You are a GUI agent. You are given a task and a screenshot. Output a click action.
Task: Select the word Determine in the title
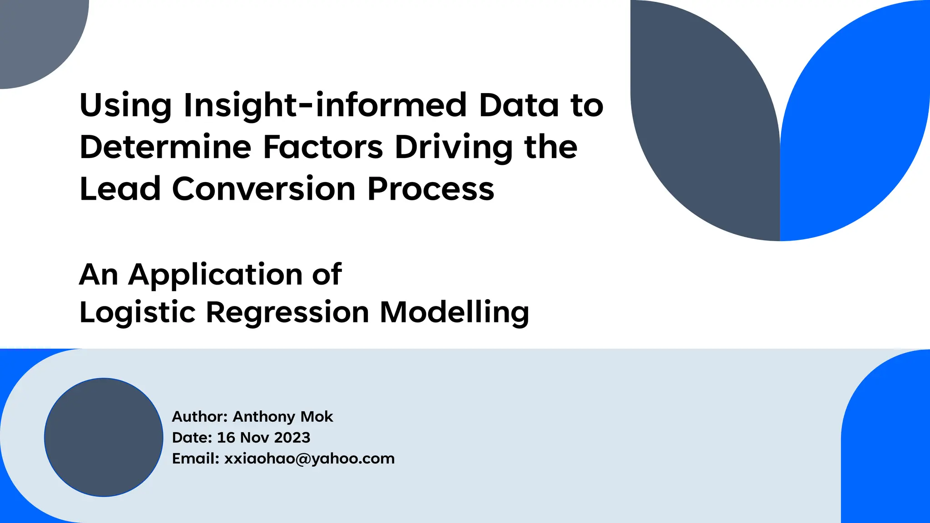[165, 147]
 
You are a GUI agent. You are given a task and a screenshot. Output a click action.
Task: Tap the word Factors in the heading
[323, 147]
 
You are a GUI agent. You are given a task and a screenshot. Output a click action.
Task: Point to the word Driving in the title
[454, 148]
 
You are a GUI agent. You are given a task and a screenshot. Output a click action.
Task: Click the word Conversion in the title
[264, 189]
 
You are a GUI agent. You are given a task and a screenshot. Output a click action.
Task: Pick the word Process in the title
[430, 189]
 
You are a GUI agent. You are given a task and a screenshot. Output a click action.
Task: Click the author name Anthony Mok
[283, 416]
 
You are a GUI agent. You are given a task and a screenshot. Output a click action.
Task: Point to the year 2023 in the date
[292, 437]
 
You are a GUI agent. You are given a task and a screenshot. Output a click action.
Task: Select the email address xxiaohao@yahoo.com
[309, 459]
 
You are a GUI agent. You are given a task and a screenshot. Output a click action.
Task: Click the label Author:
[199, 416]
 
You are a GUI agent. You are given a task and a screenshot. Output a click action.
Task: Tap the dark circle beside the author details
[104, 437]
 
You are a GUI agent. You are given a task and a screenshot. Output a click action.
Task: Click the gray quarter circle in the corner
[36, 36]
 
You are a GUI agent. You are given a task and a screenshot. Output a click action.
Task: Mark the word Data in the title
[519, 105]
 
